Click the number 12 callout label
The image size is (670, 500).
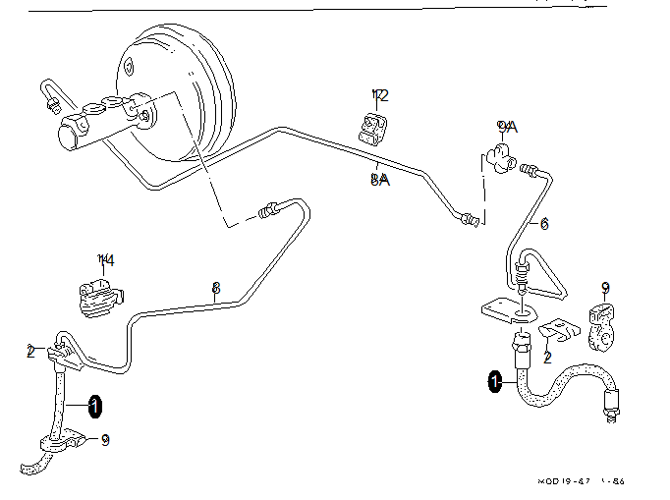click(x=380, y=95)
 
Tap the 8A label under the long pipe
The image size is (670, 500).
click(x=380, y=179)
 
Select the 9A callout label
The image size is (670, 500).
click(x=507, y=127)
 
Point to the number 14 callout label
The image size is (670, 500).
click(x=106, y=260)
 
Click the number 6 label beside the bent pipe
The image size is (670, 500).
click(x=544, y=224)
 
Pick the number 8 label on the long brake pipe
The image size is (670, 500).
click(x=216, y=288)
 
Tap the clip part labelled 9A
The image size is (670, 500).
click(x=501, y=155)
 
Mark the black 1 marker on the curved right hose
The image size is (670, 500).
click(x=495, y=381)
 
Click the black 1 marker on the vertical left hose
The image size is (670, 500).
click(x=94, y=405)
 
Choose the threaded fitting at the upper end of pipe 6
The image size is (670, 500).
click(x=530, y=171)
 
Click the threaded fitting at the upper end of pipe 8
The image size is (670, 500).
click(x=268, y=209)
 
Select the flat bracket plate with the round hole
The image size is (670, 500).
click(x=509, y=308)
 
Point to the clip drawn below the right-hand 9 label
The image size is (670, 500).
click(x=602, y=328)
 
